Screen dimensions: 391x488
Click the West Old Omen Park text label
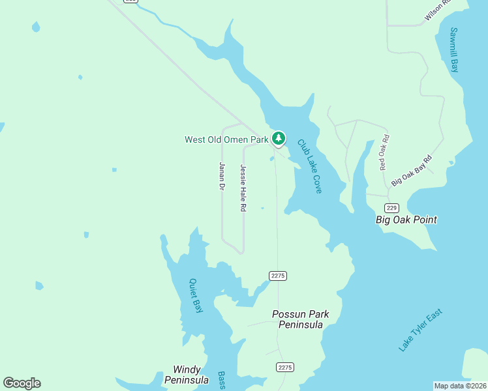(226, 139)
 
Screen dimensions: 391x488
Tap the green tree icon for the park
(279, 138)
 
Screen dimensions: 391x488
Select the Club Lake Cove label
(310, 166)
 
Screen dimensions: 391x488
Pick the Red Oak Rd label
(384, 152)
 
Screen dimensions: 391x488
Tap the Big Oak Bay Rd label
(412, 171)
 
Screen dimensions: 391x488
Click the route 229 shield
(391, 208)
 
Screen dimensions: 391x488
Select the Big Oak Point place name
(406, 220)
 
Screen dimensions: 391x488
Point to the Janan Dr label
(222, 176)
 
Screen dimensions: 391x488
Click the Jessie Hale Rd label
(243, 188)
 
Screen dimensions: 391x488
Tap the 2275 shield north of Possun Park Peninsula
(278, 276)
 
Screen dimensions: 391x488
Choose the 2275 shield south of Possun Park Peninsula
(284, 367)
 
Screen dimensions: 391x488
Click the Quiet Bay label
(195, 296)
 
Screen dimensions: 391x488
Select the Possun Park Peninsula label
(300, 319)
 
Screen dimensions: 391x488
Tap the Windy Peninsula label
(186, 375)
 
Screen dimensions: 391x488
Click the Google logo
(22, 383)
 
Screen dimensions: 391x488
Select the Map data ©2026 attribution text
(460, 386)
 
